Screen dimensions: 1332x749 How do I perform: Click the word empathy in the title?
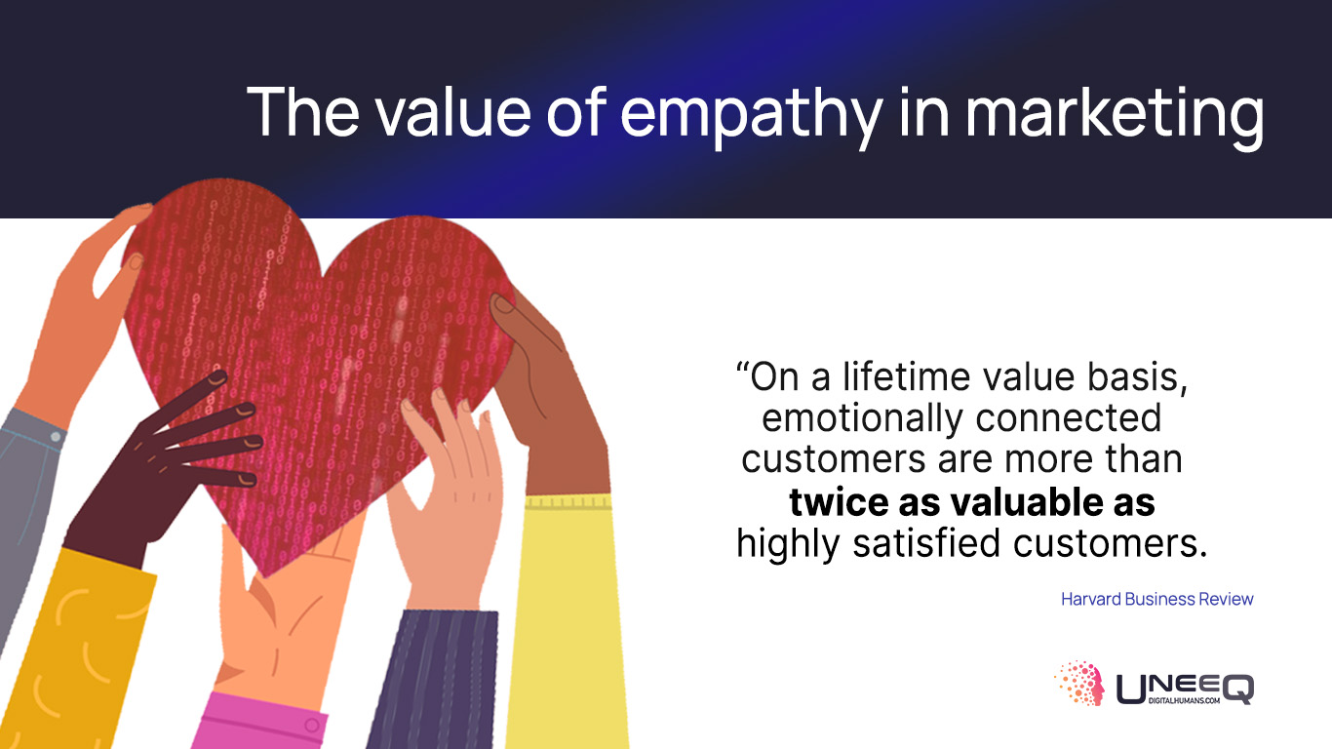751,116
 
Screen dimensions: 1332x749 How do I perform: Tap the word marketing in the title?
1115,116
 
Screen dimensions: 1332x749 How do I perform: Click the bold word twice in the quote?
838,502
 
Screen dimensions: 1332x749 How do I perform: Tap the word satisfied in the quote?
926,543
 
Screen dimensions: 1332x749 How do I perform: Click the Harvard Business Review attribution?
1157,599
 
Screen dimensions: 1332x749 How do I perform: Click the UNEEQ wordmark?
1185,689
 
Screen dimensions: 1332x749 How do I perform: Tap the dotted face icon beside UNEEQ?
1080,683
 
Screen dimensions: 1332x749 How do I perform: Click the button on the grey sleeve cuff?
56,437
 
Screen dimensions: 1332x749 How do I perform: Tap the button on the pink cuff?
312,726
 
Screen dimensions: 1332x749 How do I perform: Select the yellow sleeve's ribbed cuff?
568,502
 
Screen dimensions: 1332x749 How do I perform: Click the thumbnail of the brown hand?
504,304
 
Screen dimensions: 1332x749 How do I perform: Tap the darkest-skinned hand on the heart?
161,463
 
